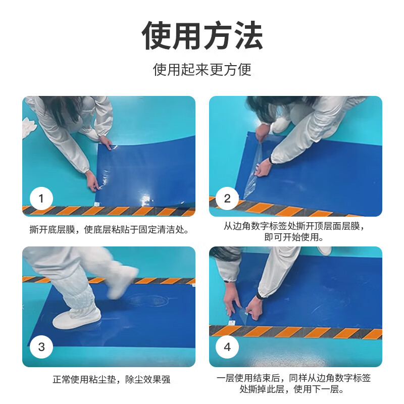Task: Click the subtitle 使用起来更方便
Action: click(202, 69)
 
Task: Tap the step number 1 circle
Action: click(41, 198)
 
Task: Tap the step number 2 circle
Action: click(227, 198)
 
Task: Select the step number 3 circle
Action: click(41, 347)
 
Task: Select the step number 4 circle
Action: click(227, 347)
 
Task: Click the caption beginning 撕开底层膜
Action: click(109, 230)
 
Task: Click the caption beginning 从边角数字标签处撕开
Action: click(294, 232)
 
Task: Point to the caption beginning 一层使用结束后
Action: click(294, 384)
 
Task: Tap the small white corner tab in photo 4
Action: click(231, 321)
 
